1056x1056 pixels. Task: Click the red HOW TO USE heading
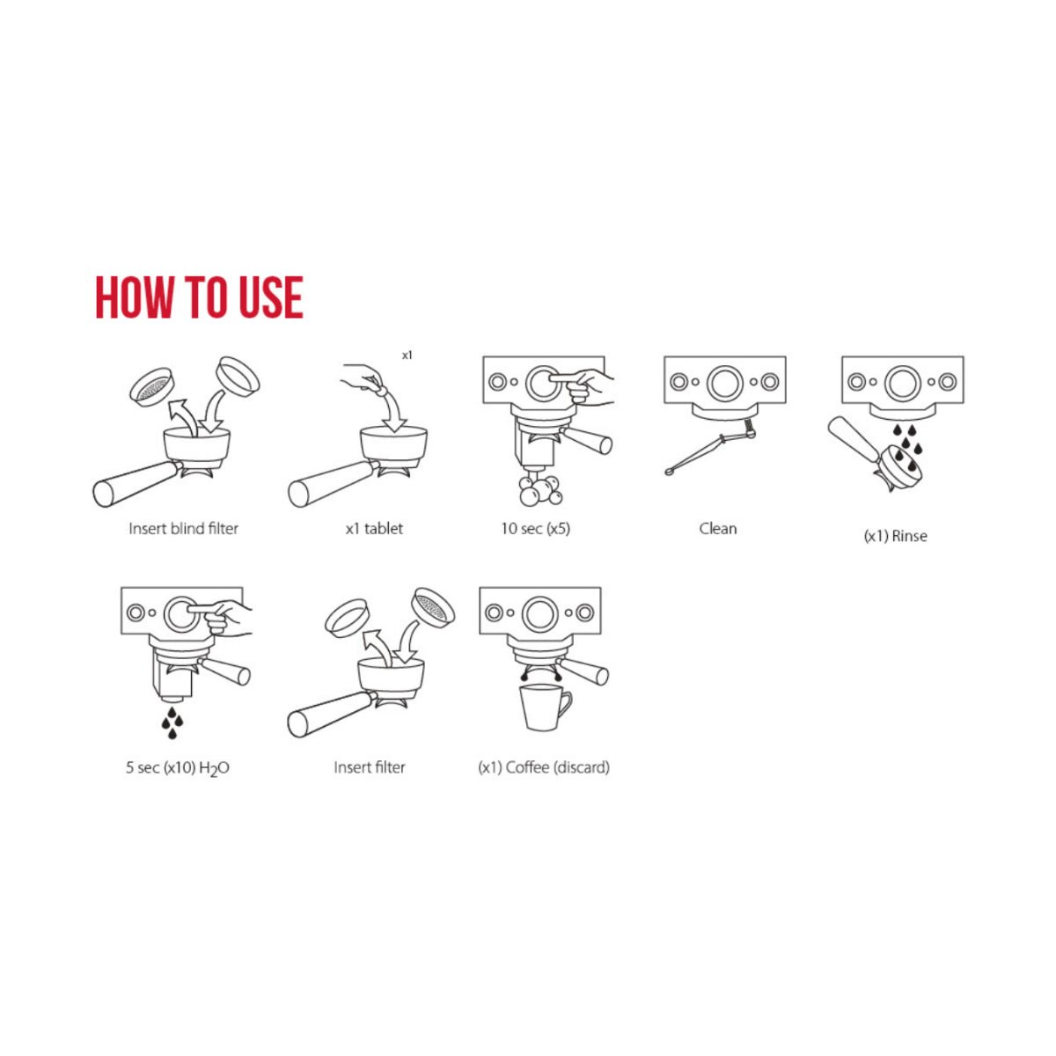point(199,297)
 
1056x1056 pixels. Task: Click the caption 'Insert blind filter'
point(184,529)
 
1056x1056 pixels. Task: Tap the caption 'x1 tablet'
point(374,529)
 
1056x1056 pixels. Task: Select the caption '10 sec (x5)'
point(535,529)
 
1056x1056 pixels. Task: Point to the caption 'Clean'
point(718,529)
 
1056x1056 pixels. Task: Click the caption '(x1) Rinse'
point(896,536)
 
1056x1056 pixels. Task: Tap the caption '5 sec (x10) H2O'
point(178,767)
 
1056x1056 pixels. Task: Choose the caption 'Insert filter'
point(370,767)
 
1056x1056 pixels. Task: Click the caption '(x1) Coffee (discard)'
point(544,767)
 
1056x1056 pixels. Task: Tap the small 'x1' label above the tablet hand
point(407,356)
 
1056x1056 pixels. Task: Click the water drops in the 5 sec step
point(172,722)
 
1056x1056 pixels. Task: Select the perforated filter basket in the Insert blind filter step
point(152,386)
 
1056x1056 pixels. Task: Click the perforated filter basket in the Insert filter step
point(433,607)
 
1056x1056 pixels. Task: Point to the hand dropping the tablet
point(365,378)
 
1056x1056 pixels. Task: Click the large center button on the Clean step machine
point(725,382)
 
